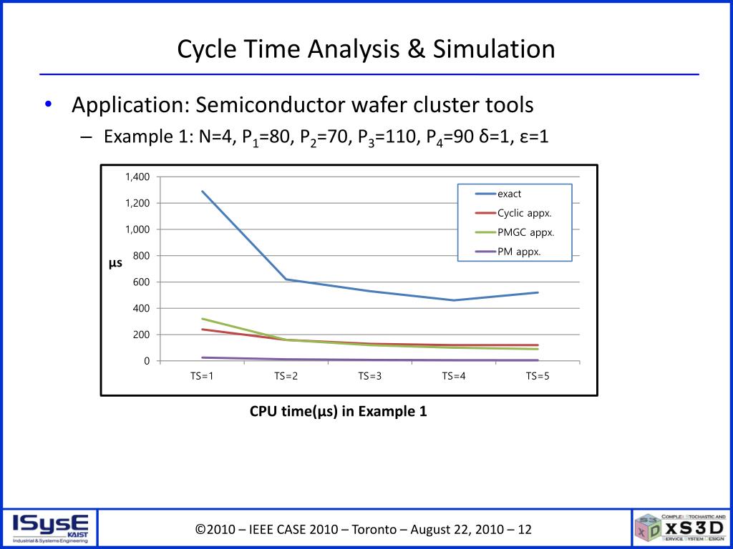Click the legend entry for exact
509,194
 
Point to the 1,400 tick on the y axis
138,177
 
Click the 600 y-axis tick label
142,282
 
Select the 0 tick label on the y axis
147,361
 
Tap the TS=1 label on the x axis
202,377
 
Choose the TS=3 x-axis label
370,377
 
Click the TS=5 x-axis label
538,377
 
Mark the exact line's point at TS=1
203,191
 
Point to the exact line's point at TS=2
286,280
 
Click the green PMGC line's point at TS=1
203,319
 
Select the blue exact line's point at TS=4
454,300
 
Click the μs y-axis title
115,263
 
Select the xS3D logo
681,528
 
